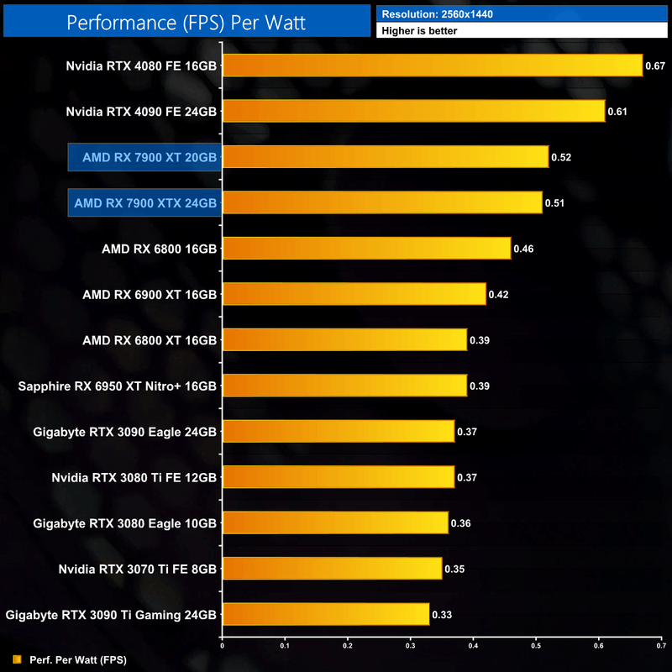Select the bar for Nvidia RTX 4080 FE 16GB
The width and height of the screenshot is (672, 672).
[432, 66]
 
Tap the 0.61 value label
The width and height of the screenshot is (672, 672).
[617, 111]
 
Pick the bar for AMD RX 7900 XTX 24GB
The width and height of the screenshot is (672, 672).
[381, 202]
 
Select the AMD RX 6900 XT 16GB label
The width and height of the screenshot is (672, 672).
[150, 294]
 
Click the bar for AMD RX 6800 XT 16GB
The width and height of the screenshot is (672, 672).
[344, 339]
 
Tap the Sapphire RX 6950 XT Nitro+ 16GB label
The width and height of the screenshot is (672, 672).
[118, 386]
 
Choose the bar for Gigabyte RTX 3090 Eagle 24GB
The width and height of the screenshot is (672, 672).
[338, 431]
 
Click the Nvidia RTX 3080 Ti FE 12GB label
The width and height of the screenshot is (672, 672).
[134, 477]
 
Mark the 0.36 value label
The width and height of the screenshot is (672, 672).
[459, 523]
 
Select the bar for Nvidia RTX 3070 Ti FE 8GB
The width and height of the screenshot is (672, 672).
[331, 569]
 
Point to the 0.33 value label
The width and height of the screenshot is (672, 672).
[441, 615]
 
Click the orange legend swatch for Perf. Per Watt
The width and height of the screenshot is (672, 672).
[17, 659]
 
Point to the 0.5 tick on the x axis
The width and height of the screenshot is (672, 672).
[536, 646]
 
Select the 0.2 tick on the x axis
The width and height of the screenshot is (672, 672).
[347, 646]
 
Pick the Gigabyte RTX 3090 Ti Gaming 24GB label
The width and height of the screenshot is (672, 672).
[111, 614]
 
